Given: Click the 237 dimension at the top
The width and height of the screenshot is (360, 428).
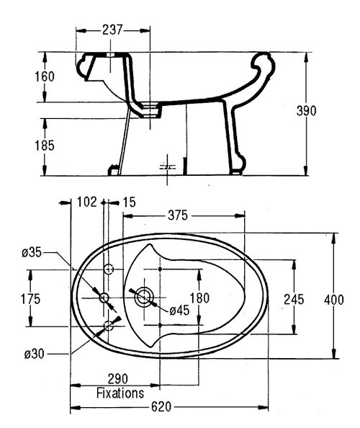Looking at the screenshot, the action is pos(112,30).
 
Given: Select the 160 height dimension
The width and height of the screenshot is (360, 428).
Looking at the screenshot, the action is pos(45,76).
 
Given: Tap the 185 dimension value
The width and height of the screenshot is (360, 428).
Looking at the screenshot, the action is pos(45,146).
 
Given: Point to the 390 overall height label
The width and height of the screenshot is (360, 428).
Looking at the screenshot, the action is pos(306,111).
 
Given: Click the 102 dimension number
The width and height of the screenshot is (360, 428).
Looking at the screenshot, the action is pos(87,202).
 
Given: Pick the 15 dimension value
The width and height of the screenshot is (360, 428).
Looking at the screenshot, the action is pos(130,202).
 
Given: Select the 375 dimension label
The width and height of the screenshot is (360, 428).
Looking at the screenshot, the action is pos(178,215).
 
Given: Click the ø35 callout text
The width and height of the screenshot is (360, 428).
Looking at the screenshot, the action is pos(32,253).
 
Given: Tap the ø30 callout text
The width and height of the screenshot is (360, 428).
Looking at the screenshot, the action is pos(34,355).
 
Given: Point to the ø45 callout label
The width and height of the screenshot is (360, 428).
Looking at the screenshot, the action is pos(179,311).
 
